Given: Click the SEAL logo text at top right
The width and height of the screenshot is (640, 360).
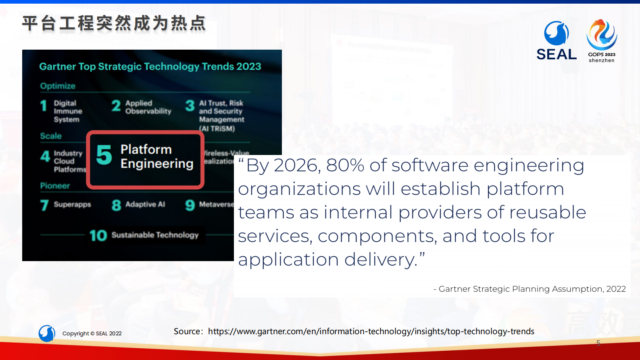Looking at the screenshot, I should pyautogui.click(x=557, y=54).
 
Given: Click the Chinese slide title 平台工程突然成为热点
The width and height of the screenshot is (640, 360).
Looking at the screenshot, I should pyautogui.click(x=114, y=23).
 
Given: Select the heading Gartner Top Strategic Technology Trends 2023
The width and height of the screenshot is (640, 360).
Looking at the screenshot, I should pyautogui.click(x=150, y=67).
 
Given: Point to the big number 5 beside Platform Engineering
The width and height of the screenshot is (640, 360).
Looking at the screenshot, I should pyautogui.click(x=104, y=155).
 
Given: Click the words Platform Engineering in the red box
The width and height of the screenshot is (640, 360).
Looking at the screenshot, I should pyautogui.click(x=157, y=157).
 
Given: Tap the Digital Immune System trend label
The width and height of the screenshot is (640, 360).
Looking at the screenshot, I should pyautogui.click(x=68, y=111).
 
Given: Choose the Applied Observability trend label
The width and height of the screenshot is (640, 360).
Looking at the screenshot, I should pyautogui.click(x=148, y=107).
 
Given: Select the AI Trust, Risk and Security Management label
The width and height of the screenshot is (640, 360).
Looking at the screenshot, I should pyautogui.click(x=221, y=116).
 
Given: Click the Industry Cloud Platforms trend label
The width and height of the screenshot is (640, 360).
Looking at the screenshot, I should pyautogui.click(x=69, y=161).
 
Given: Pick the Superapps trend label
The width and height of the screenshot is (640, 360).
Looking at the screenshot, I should pyautogui.click(x=72, y=205).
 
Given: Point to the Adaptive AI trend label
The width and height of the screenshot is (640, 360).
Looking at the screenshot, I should pyautogui.click(x=145, y=205).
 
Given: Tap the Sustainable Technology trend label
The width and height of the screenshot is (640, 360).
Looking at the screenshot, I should pyautogui.click(x=155, y=235).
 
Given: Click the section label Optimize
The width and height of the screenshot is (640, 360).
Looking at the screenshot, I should pyautogui.click(x=58, y=86).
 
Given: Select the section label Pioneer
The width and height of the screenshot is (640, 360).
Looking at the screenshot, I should pyautogui.click(x=55, y=186).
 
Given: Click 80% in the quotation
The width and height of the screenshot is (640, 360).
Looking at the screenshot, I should pyautogui.click(x=345, y=165).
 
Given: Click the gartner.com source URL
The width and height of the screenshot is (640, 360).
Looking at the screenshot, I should pyautogui.click(x=371, y=331).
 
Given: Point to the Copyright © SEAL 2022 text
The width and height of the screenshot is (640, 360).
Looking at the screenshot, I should pyautogui.click(x=92, y=333).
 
